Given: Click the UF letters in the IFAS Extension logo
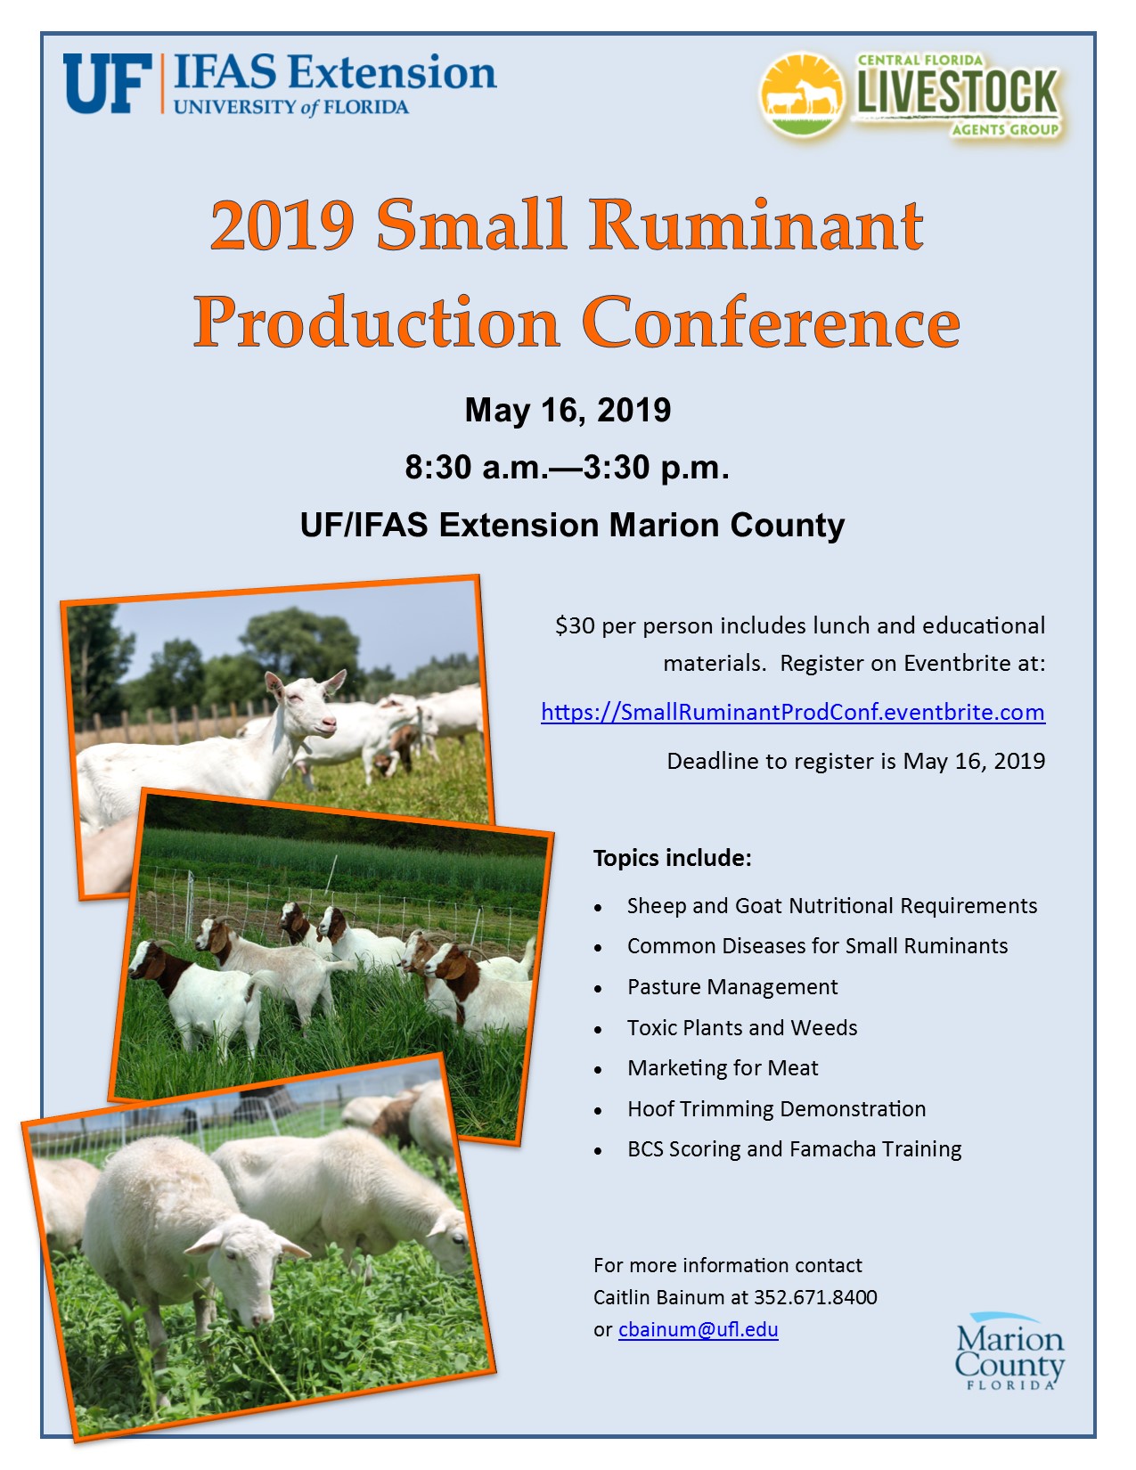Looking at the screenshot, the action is (x=107, y=84).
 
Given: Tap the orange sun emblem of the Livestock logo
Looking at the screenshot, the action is (x=803, y=95).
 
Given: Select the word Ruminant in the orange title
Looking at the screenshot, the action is (x=756, y=225).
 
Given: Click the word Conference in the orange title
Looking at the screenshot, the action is (x=771, y=322).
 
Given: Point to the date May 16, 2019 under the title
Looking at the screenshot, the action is (x=568, y=410).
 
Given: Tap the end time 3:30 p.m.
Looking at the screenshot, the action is (x=657, y=467).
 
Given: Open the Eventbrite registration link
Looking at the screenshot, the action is (x=793, y=713).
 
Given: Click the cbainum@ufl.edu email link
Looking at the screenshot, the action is (x=699, y=1329).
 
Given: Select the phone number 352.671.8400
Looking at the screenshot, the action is (x=815, y=1297).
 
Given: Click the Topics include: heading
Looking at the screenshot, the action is (x=673, y=858).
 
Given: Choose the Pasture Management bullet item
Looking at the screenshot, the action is (x=732, y=987).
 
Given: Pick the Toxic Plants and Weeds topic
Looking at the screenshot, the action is (x=742, y=1027).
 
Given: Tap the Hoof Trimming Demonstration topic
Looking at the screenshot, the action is (x=777, y=1109).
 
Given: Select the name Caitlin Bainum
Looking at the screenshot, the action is (x=659, y=1297).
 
